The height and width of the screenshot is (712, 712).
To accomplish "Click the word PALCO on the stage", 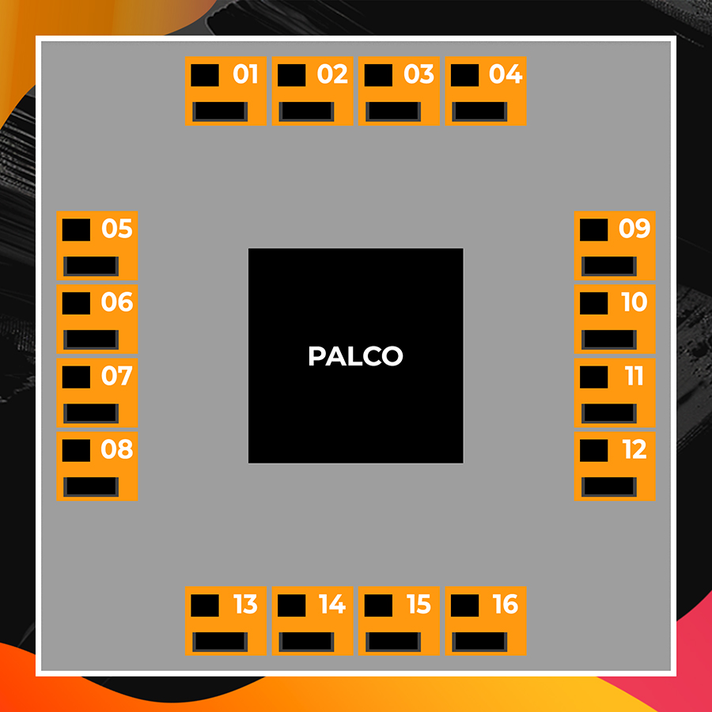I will [355, 356].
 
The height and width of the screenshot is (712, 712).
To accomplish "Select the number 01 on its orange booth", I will [245, 74].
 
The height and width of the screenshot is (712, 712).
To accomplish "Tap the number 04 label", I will [505, 74].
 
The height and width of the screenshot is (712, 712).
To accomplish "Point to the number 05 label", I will [116, 229].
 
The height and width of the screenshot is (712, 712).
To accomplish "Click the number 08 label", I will [116, 449].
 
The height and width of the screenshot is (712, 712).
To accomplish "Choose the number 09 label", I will [634, 229].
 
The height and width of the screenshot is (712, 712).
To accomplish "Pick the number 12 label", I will [634, 449].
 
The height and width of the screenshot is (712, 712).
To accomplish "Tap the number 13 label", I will [245, 604].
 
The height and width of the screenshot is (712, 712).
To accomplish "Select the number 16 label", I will [505, 604].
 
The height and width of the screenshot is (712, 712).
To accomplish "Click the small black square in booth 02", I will [291, 75].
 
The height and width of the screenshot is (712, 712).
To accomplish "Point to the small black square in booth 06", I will [76, 303].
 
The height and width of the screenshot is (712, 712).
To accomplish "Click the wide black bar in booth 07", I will [90, 413].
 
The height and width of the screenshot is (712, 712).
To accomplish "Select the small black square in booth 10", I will [593, 303].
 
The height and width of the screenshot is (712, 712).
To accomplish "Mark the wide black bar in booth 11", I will [608, 413].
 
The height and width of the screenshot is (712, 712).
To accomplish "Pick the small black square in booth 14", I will [291, 605].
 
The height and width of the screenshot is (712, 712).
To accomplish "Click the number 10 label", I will [634, 302].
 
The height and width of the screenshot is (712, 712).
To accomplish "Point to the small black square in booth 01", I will [205, 75].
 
